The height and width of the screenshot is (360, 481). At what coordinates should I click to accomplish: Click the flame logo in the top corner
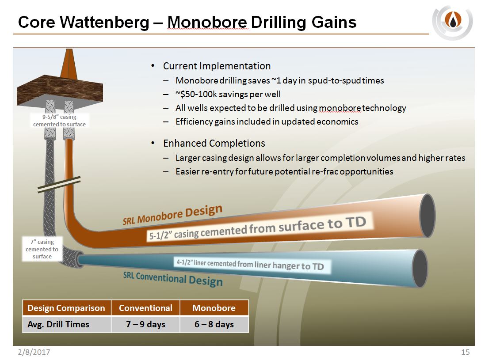[x=453, y=20]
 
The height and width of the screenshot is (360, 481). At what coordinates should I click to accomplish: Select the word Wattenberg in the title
[x=104, y=23]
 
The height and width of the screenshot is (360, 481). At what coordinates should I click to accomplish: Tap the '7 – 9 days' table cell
[x=145, y=324]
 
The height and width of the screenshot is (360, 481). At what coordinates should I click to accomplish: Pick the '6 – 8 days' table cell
[x=214, y=324]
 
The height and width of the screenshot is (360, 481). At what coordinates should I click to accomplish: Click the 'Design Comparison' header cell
[x=67, y=308]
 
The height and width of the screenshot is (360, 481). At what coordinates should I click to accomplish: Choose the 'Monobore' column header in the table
[x=214, y=308]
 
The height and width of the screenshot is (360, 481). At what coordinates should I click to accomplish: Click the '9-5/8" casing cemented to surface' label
[x=60, y=121]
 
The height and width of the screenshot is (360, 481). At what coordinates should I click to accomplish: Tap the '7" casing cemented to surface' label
[x=42, y=249]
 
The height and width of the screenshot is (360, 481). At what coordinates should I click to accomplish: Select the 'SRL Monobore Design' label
[x=172, y=215]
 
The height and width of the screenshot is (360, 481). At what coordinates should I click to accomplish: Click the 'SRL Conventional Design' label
[x=173, y=278]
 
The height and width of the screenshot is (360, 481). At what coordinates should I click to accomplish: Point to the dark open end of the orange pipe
[x=428, y=216]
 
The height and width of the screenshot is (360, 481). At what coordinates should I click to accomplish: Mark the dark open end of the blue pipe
[x=420, y=269]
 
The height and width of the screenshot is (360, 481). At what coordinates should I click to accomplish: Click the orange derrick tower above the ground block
[x=69, y=64]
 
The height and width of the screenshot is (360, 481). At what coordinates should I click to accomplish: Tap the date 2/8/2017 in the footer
[x=34, y=352]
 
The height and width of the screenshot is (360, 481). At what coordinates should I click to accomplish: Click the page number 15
[x=465, y=352]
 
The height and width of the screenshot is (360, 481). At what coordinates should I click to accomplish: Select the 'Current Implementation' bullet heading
[x=217, y=66]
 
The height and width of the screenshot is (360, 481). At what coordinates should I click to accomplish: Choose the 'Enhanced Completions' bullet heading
[x=214, y=143]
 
